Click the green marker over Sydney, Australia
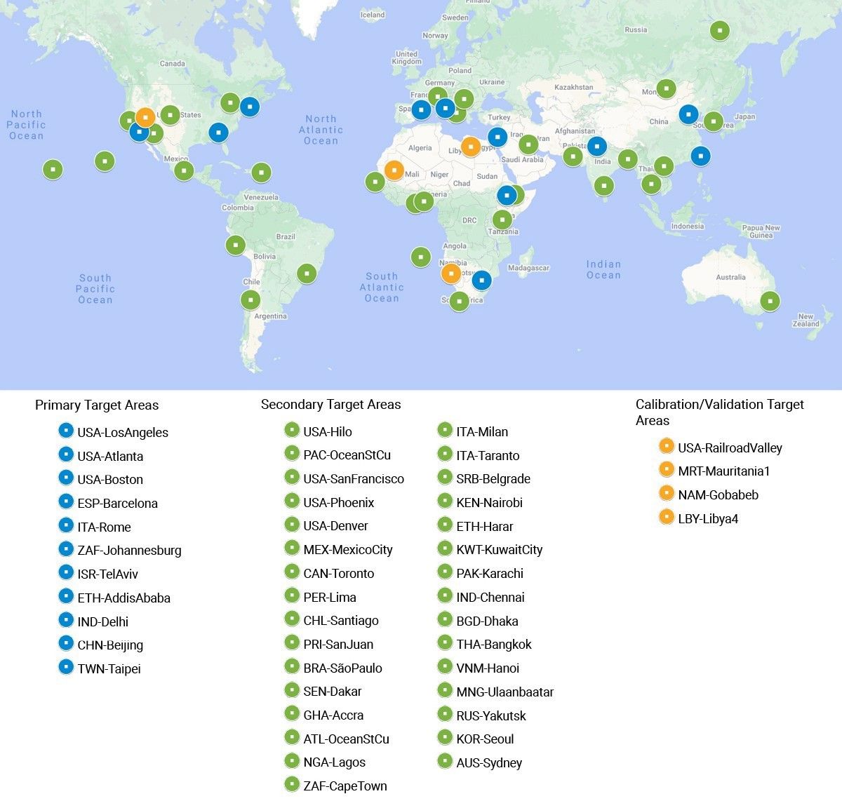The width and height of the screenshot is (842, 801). (x=770, y=301)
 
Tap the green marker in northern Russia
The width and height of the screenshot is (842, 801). (x=719, y=31)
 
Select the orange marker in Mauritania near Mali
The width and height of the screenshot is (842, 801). (x=394, y=170)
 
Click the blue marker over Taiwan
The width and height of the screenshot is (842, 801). (x=700, y=156)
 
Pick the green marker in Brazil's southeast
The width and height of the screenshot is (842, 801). (x=307, y=273)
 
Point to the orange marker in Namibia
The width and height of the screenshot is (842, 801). (x=450, y=273)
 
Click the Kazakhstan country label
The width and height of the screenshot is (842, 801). (x=573, y=87)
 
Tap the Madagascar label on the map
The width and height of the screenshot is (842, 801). (x=528, y=268)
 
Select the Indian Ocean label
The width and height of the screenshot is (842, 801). (x=603, y=270)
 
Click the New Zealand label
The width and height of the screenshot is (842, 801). (x=806, y=321)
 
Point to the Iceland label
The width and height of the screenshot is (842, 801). (x=372, y=15)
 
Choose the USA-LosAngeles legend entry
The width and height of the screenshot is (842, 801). (x=123, y=433)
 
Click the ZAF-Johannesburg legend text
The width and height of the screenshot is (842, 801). (x=129, y=551)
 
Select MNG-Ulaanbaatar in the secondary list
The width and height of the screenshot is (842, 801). (x=504, y=692)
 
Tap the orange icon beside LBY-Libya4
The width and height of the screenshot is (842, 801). (x=666, y=518)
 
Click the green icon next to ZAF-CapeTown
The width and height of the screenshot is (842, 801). (x=292, y=785)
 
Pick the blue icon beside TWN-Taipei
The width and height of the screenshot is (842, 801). (x=66, y=667)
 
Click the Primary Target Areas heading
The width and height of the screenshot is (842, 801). (x=97, y=405)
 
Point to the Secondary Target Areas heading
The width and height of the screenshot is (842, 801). (x=330, y=405)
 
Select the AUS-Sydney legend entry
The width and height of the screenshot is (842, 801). (x=489, y=763)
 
